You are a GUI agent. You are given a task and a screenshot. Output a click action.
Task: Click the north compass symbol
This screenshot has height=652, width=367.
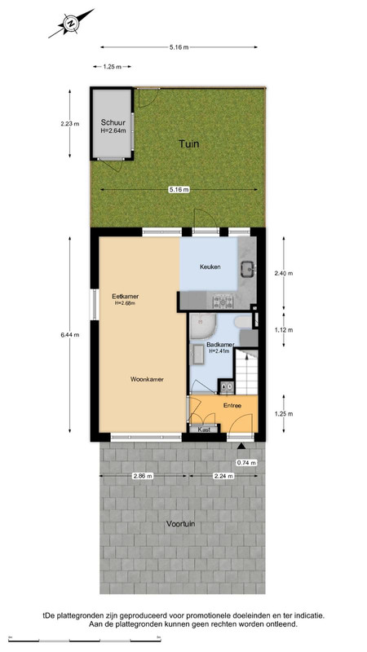pos(71,24)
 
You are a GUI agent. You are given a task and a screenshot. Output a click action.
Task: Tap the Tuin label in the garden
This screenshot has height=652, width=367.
pos(189,144)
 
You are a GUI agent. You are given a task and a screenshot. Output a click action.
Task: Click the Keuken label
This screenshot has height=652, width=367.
pos(210,267)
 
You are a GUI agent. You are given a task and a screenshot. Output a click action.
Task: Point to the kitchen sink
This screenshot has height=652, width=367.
pos(248,269)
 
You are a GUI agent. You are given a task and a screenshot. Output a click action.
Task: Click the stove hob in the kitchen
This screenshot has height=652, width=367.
pos(223,301)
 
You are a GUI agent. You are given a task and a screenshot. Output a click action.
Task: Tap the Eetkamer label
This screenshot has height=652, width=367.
pos(126,297)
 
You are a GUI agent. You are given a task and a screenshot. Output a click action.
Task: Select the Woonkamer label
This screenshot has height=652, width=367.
pos(147,379)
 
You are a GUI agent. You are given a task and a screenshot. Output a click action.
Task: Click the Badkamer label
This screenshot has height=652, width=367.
pos(220,345)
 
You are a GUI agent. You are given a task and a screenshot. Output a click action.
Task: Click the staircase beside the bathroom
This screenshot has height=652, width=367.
pos(247,372)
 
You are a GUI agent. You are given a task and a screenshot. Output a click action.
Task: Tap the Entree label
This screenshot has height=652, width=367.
pos(232,405)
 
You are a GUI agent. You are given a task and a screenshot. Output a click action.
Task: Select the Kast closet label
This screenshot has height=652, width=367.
pos(203,430)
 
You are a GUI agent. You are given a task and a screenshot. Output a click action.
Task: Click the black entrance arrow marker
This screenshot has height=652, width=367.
pos(241,446)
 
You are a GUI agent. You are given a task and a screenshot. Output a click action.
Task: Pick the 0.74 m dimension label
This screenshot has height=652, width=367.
pos(246,462)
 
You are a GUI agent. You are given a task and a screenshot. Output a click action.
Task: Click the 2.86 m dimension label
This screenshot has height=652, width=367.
pos(144,476)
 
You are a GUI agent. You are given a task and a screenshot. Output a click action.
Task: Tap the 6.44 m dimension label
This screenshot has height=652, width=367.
pos(69,335)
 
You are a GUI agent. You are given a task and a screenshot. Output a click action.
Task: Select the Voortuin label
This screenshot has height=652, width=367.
pos(180,524)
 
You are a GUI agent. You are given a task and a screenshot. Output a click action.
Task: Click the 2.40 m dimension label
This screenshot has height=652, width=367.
pos(284,273)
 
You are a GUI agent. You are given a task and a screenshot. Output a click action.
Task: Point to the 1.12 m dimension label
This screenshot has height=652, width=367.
pos(284,330)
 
